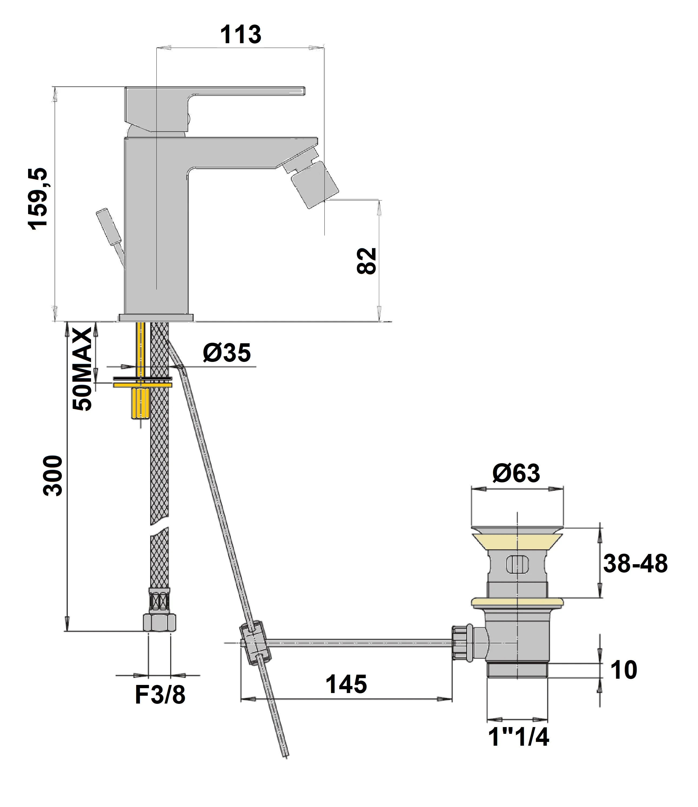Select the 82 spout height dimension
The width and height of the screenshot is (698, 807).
tap(367, 261)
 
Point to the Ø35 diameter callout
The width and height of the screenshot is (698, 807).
tap(227, 353)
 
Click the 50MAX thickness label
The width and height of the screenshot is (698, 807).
tap(83, 369)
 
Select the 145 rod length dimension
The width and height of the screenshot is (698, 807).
tap(346, 684)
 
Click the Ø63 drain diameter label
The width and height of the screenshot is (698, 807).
tap(516, 473)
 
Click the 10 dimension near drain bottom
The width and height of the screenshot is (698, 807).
tap(623, 670)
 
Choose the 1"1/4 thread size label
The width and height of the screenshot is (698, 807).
tap(518, 737)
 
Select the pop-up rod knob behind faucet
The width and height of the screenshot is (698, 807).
tap(109, 228)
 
